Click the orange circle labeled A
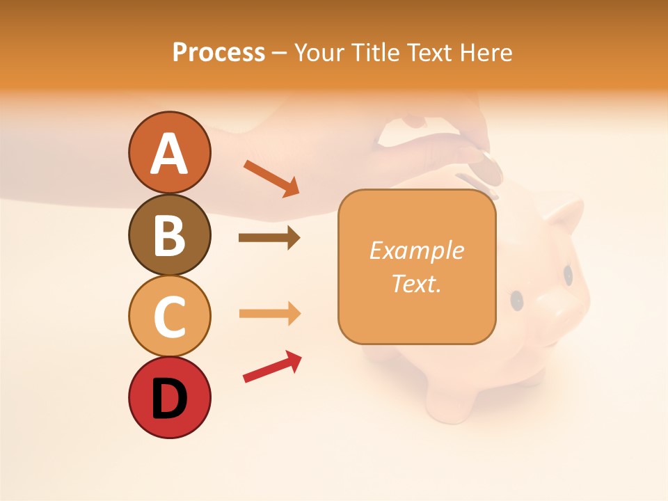[x=169, y=153]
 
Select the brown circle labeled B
[x=169, y=235]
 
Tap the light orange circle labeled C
[x=169, y=317]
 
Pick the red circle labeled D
[x=169, y=398]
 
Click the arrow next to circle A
[x=271, y=178]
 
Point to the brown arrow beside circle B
[x=269, y=238]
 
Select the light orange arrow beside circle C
[x=269, y=314]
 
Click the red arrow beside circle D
[x=272, y=367]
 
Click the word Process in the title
[x=218, y=52]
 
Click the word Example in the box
[x=416, y=250]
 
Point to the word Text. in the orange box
[x=416, y=283]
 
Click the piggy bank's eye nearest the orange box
[x=517, y=300]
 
